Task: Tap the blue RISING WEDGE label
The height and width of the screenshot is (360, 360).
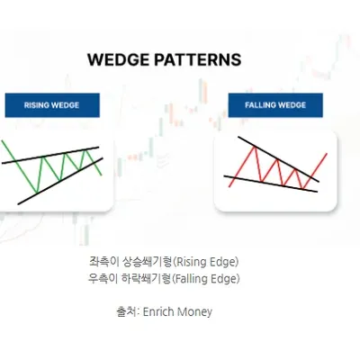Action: pos(52,105)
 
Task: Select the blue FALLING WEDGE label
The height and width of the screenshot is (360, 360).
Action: pos(275,105)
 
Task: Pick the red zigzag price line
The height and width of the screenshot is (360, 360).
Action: pos(257,166)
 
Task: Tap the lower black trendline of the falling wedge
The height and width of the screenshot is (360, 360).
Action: pos(270,184)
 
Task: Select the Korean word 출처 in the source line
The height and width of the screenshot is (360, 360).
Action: pos(129,312)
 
